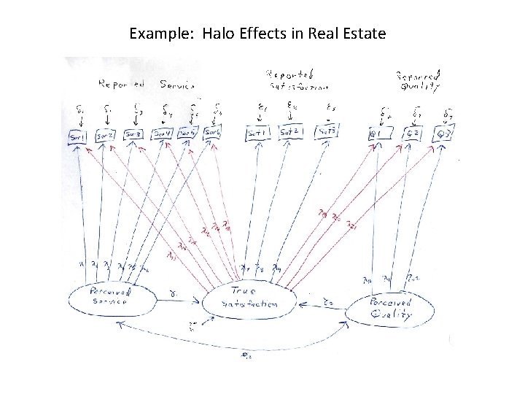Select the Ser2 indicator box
(x=105, y=136)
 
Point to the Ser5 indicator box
(x=187, y=134)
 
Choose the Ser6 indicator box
(x=211, y=134)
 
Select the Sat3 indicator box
(x=326, y=132)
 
